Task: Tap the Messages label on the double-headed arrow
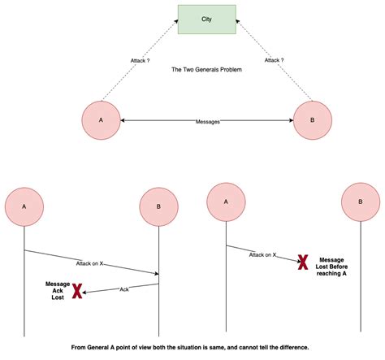(207, 121)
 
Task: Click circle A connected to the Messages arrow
(100, 120)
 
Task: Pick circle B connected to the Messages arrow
(314, 120)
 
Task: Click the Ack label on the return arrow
(124, 288)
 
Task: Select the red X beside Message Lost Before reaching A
(301, 262)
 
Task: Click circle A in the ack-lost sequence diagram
(24, 206)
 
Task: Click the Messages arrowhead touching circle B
(291, 121)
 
